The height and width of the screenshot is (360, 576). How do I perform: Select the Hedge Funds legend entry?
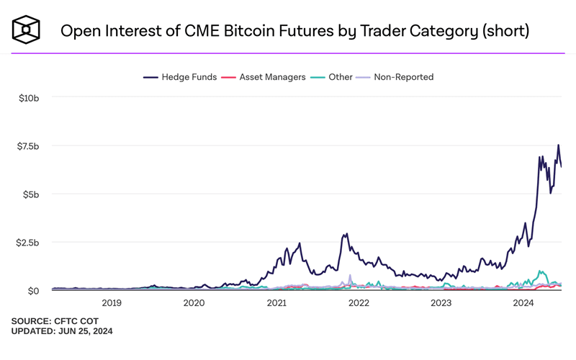click(181, 77)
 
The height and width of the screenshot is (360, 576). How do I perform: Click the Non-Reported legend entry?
click(399, 77)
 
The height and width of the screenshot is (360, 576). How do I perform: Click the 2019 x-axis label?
click(112, 304)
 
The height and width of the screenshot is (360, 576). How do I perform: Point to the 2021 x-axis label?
click(277, 304)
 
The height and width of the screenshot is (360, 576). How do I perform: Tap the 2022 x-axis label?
click(359, 304)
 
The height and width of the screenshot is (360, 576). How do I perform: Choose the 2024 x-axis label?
click(524, 304)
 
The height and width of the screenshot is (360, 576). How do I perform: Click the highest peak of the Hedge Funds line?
click(558, 145)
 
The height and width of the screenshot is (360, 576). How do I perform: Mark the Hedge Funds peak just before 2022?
click(347, 234)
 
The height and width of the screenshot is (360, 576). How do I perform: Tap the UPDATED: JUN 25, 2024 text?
click(62, 331)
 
